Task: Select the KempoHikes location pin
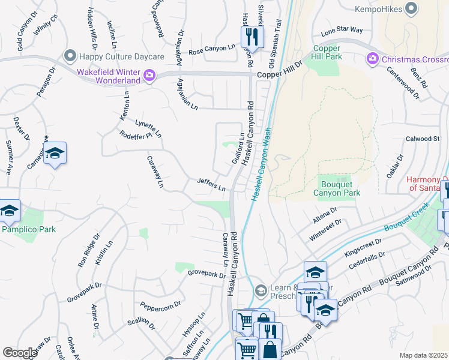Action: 411,8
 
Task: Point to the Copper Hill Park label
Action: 327,52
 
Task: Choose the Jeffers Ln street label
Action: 211,184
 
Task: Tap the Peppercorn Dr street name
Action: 160,305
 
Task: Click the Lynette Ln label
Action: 148,128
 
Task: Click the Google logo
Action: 20,353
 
